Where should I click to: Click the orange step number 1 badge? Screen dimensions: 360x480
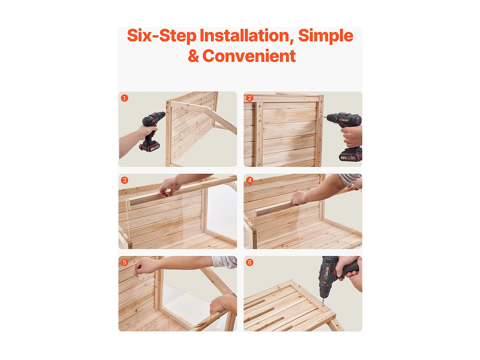pos(124,98)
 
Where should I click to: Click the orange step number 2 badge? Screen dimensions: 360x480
pos(250,98)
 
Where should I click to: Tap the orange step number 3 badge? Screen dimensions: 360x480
pos(124,180)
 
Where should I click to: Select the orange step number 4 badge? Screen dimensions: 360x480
pos(250,180)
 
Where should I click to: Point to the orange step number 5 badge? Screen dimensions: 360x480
pos(124,262)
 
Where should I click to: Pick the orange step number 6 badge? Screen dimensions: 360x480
pos(250,262)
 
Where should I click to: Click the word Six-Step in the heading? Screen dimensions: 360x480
pos(162,36)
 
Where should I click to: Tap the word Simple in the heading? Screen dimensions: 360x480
pos(325,36)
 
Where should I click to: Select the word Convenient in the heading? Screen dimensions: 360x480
pos(249,56)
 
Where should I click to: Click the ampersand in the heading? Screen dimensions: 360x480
pos(193,56)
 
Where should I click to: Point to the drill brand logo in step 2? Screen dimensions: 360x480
pos(344,120)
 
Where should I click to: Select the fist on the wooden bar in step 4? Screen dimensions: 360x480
pos(299,198)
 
